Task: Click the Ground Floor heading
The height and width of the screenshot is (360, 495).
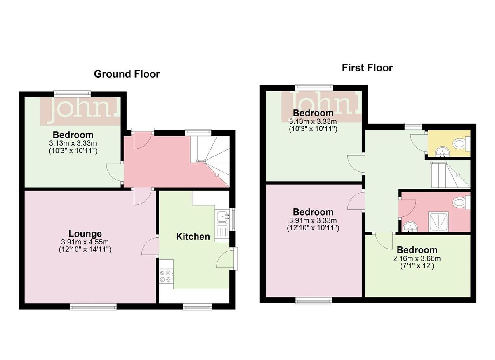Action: [127, 74]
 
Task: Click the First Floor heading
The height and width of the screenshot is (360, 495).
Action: [367, 68]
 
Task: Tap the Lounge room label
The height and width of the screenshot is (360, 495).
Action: [85, 234]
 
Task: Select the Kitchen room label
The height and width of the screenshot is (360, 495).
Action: [193, 237]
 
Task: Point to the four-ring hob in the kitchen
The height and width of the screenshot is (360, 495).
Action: [166, 276]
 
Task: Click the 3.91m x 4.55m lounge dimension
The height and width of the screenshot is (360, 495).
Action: [85, 242]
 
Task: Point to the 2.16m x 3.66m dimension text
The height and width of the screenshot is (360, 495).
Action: [417, 258]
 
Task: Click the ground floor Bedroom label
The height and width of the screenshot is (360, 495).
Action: [73, 135]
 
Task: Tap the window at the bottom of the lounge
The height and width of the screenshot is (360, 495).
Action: [93, 306]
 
